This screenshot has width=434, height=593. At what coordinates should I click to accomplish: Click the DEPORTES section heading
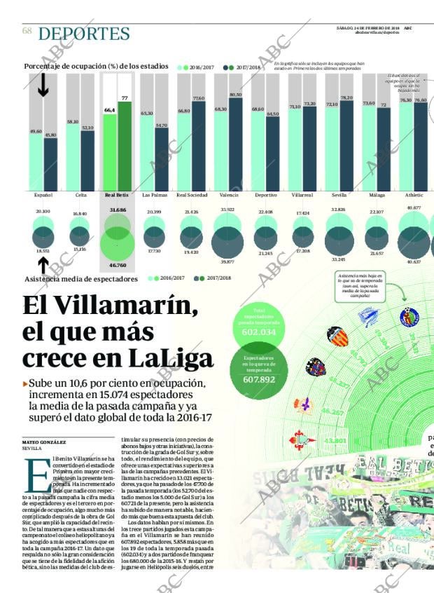coord(84,34)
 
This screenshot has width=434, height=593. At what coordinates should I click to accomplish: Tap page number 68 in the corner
coord(27,31)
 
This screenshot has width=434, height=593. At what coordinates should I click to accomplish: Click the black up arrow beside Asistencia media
coord(43,265)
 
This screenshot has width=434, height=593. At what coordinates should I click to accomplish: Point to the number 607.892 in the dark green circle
coord(260,379)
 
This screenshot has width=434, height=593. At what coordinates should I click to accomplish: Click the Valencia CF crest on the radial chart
coord(337,338)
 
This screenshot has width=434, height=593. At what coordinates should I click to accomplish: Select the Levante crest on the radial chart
coord(316,367)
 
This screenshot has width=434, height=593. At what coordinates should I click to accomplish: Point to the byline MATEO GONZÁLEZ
coord(44,442)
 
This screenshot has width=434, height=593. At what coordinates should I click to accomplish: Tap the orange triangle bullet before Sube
coord(25,384)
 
